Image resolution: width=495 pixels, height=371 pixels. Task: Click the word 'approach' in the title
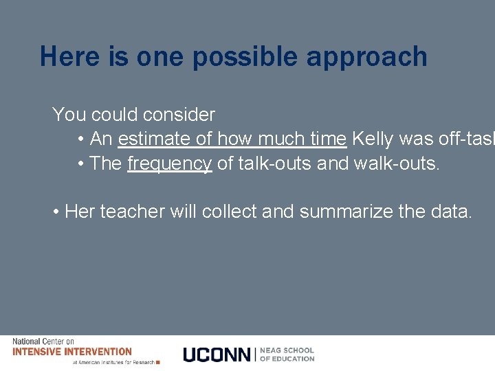tap(366, 58)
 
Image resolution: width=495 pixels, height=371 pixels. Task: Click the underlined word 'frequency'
tap(170, 164)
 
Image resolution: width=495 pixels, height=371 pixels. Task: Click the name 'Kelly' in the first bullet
tap(374, 139)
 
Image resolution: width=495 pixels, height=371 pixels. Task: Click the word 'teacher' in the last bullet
tap(133, 212)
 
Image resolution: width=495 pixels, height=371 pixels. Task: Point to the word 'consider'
tap(178, 114)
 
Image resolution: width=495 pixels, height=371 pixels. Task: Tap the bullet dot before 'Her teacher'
tap(56, 212)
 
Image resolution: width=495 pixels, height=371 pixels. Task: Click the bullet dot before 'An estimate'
tap(81, 139)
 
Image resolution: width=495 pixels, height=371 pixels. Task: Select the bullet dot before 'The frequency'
tap(81, 164)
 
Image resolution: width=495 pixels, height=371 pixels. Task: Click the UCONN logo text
tap(217, 355)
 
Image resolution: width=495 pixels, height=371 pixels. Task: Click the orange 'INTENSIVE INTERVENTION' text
tap(71, 352)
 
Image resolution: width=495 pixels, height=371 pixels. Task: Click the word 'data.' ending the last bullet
tap(452, 212)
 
